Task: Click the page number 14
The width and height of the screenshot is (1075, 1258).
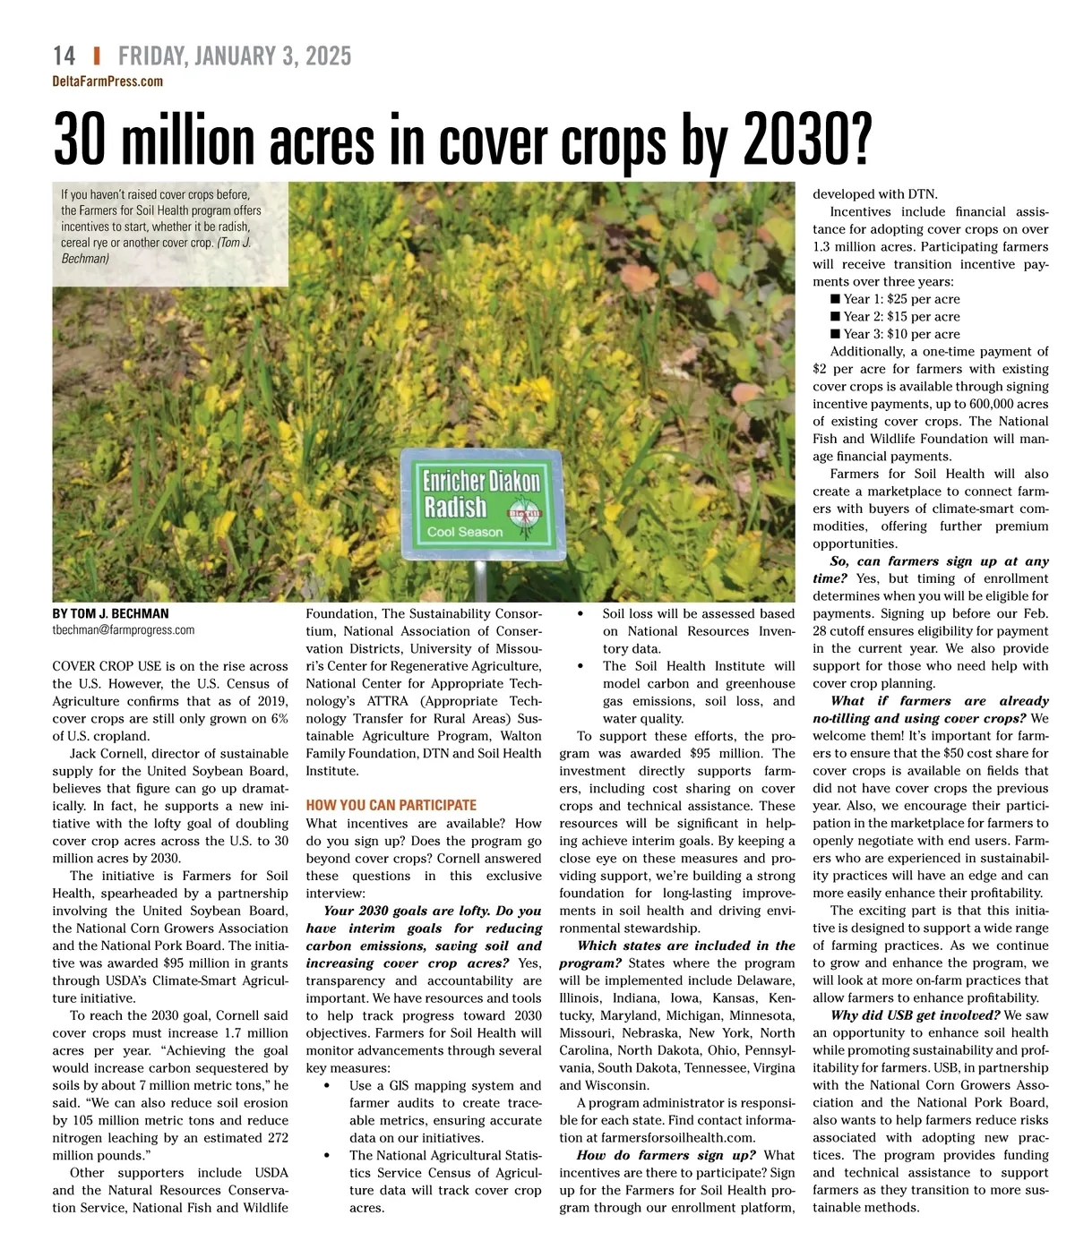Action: pyautogui.click(x=64, y=56)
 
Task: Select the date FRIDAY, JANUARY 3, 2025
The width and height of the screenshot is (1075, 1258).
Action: pyautogui.click(x=235, y=56)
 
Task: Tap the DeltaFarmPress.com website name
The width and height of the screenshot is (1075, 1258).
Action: pyautogui.click(x=107, y=81)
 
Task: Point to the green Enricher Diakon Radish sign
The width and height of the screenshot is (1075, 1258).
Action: pyautogui.click(x=482, y=503)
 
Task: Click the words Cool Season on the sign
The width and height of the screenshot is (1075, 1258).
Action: pyautogui.click(x=465, y=532)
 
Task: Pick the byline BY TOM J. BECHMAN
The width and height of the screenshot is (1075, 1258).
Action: pyautogui.click(x=110, y=613)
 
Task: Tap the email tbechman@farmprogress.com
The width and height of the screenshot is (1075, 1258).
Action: pyautogui.click(x=123, y=629)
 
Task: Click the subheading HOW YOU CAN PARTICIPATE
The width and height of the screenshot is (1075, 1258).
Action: pyautogui.click(x=391, y=805)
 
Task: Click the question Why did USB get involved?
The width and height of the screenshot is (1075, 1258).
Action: pyautogui.click(x=915, y=1015)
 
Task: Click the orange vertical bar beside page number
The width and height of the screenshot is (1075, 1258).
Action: pyautogui.click(x=97, y=56)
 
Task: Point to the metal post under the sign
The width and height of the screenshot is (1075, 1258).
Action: pyautogui.click(x=481, y=581)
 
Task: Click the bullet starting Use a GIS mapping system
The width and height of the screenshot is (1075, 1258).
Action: pyautogui.click(x=444, y=1086)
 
